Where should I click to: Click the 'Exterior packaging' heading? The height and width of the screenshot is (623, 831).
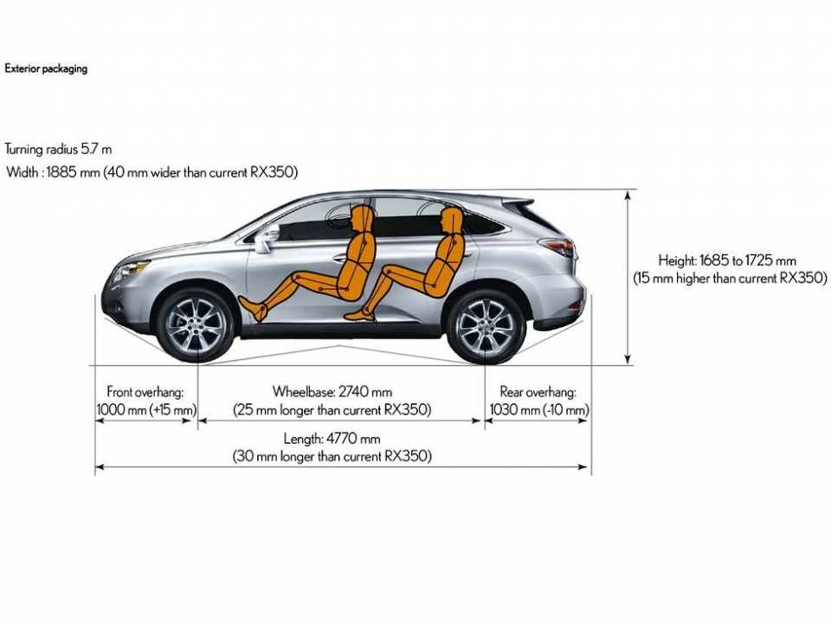coord(46,68)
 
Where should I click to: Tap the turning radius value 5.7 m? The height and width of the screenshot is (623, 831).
coord(96,150)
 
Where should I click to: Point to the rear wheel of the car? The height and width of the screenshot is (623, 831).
coord(485,327)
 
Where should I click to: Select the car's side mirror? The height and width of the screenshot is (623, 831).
coord(263,239)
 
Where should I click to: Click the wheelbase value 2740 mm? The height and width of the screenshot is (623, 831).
coord(364,392)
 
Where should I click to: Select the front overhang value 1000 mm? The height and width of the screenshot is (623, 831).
coord(121,409)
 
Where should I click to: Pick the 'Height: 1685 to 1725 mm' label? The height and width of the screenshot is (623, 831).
coord(726,260)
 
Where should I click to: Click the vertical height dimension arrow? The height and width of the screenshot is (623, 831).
coord(628,277)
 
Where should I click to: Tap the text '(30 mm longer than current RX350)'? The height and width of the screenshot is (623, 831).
coord(332,456)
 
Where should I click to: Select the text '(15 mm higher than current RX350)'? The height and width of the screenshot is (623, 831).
coord(729,278)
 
